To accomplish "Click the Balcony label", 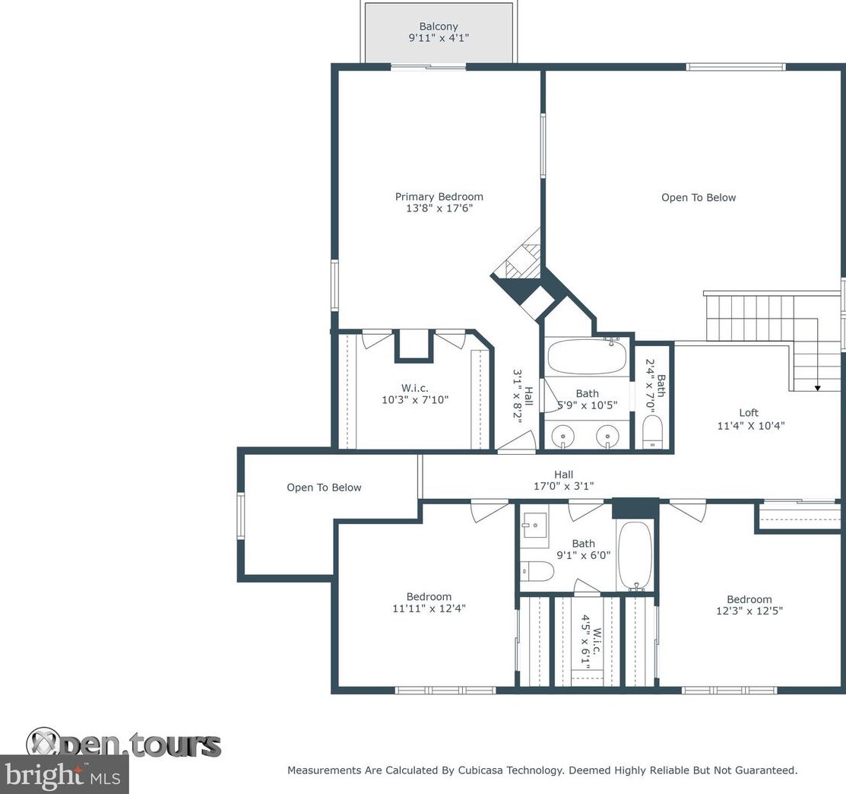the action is pyautogui.click(x=439, y=26).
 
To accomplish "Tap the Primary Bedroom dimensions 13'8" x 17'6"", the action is pyautogui.click(x=439, y=208).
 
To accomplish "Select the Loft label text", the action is pyautogui.click(x=749, y=413).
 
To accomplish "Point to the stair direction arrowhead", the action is pyautogui.click(x=817, y=388).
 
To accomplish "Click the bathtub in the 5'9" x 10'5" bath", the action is pyautogui.click(x=587, y=356).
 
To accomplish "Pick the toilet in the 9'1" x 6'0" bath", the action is pyautogui.click(x=537, y=571).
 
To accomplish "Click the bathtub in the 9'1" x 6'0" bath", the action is pyautogui.click(x=635, y=556).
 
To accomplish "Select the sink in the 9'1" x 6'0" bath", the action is pyautogui.click(x=534, y=525).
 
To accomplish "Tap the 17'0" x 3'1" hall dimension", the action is pyautogui.click(x=564, y=486).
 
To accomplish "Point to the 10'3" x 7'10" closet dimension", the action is pyautogui.click(x=415, y=400).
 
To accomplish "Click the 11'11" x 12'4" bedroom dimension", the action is pyautogui.click(x=429, y=608).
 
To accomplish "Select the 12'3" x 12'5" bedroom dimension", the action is pyautogui.click(x=749, y=611).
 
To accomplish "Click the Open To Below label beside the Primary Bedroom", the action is pyautogui.click(x=699, y=198).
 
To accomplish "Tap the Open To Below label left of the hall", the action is pyautogui.click(x=324, y=488).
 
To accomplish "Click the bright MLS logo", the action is pyautogui.click(x=64, y=774).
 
